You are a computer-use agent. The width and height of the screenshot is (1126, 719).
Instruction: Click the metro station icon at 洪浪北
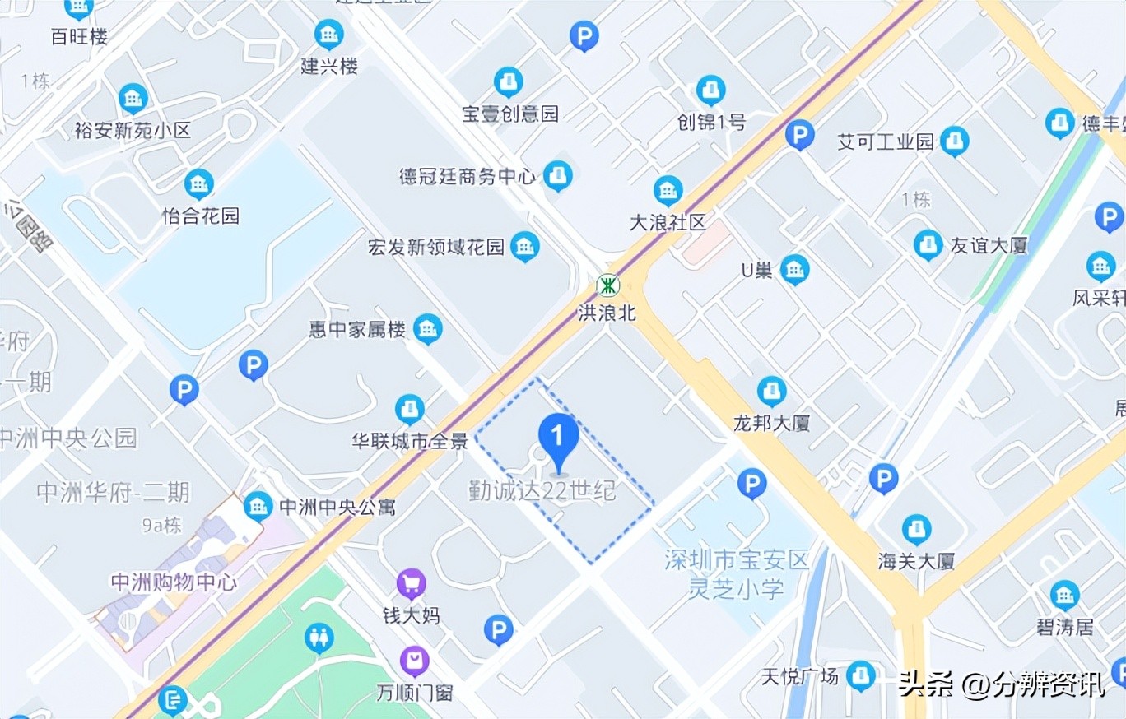[608, 285]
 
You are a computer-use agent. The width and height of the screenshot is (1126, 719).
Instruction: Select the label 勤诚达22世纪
[542, 491]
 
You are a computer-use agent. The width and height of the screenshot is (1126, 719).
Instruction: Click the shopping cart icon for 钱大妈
[411, 584]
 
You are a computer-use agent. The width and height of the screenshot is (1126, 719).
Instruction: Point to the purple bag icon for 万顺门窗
[414, 661]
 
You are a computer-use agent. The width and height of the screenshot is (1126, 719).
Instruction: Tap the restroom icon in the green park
[319, 638]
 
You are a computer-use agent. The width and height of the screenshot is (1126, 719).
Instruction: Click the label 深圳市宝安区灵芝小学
[737, 574]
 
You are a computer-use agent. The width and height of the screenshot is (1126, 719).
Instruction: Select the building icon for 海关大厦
[916, 529]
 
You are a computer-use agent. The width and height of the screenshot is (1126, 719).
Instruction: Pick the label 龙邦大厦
[772, 423]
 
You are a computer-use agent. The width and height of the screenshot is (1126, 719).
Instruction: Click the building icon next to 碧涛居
[1064, 595]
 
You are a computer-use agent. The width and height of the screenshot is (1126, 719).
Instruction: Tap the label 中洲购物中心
[174, 582]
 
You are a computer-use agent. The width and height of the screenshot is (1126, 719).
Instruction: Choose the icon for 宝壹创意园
[508, 81]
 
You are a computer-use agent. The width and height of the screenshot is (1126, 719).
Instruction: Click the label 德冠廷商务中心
[467, 176]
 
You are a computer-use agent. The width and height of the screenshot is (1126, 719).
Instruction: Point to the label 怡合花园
[201, 216]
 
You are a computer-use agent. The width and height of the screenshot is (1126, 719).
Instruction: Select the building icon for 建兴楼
[328, 35]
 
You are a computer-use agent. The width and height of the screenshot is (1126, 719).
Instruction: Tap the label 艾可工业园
[886, 141]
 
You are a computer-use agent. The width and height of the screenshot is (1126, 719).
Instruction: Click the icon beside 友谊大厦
[928, 244]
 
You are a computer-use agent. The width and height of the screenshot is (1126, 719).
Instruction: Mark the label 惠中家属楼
[357, 330]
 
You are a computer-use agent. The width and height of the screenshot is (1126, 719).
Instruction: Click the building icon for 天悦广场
[861, 675]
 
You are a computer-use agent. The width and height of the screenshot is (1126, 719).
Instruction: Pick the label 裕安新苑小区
[133, 130]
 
